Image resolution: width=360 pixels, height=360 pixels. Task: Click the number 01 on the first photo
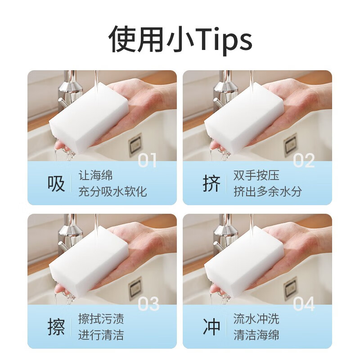(x=147, y=161)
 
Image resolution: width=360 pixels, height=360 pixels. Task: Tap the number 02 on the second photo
(x=304, y=161)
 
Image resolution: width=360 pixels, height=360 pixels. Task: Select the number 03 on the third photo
(x=148, y=304)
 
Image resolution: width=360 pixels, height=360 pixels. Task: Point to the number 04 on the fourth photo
(x=304, y=304)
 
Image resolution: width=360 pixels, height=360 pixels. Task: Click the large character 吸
(x=56, y=184)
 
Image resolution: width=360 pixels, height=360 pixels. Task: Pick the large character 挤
(x=211, y=184)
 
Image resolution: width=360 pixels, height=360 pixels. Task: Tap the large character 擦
(x=56, y=328)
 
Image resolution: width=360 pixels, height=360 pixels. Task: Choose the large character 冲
(x=211, y=328)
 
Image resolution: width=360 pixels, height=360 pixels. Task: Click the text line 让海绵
(x=95, y=175)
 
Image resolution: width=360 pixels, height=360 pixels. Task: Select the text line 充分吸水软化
(x=112, y=192)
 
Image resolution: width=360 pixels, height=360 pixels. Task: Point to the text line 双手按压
(x=256, y=175)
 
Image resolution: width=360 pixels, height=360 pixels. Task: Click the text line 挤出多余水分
(x=267, y=192)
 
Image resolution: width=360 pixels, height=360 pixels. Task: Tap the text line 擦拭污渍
(x=101, y=319)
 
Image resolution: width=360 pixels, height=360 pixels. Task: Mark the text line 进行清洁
(x=101, y=335)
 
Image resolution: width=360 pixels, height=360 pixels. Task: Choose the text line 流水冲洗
(x=256, y=319)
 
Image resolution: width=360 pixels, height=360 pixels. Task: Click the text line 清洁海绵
(x=256, y=335)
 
